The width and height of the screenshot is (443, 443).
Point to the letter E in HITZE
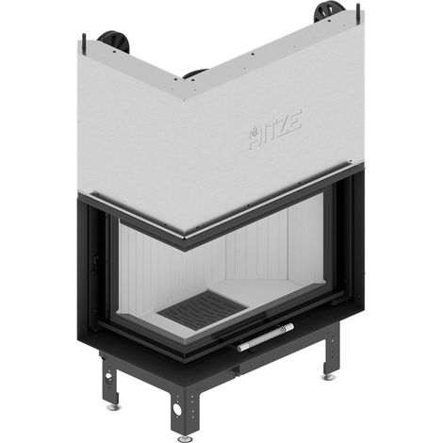[296, 120]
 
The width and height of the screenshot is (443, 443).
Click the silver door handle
[266, 337]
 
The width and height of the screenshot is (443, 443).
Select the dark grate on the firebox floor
[202, 310]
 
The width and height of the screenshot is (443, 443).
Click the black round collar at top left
[114, 41]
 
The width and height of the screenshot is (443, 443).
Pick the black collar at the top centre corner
[195, 74]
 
